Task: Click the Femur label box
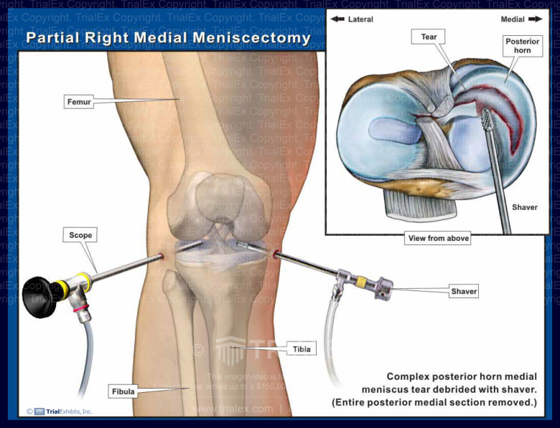(80, 103)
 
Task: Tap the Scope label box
(80, 234)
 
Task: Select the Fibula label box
(122, 391)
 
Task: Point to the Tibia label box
(301, 349)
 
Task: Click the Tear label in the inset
(429, 37)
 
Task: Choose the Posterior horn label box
(522, 46)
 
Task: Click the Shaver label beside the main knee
(464, 291)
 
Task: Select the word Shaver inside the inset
(524, 207)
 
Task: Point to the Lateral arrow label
(353, 19)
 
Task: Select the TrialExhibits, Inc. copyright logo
(60, 411)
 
